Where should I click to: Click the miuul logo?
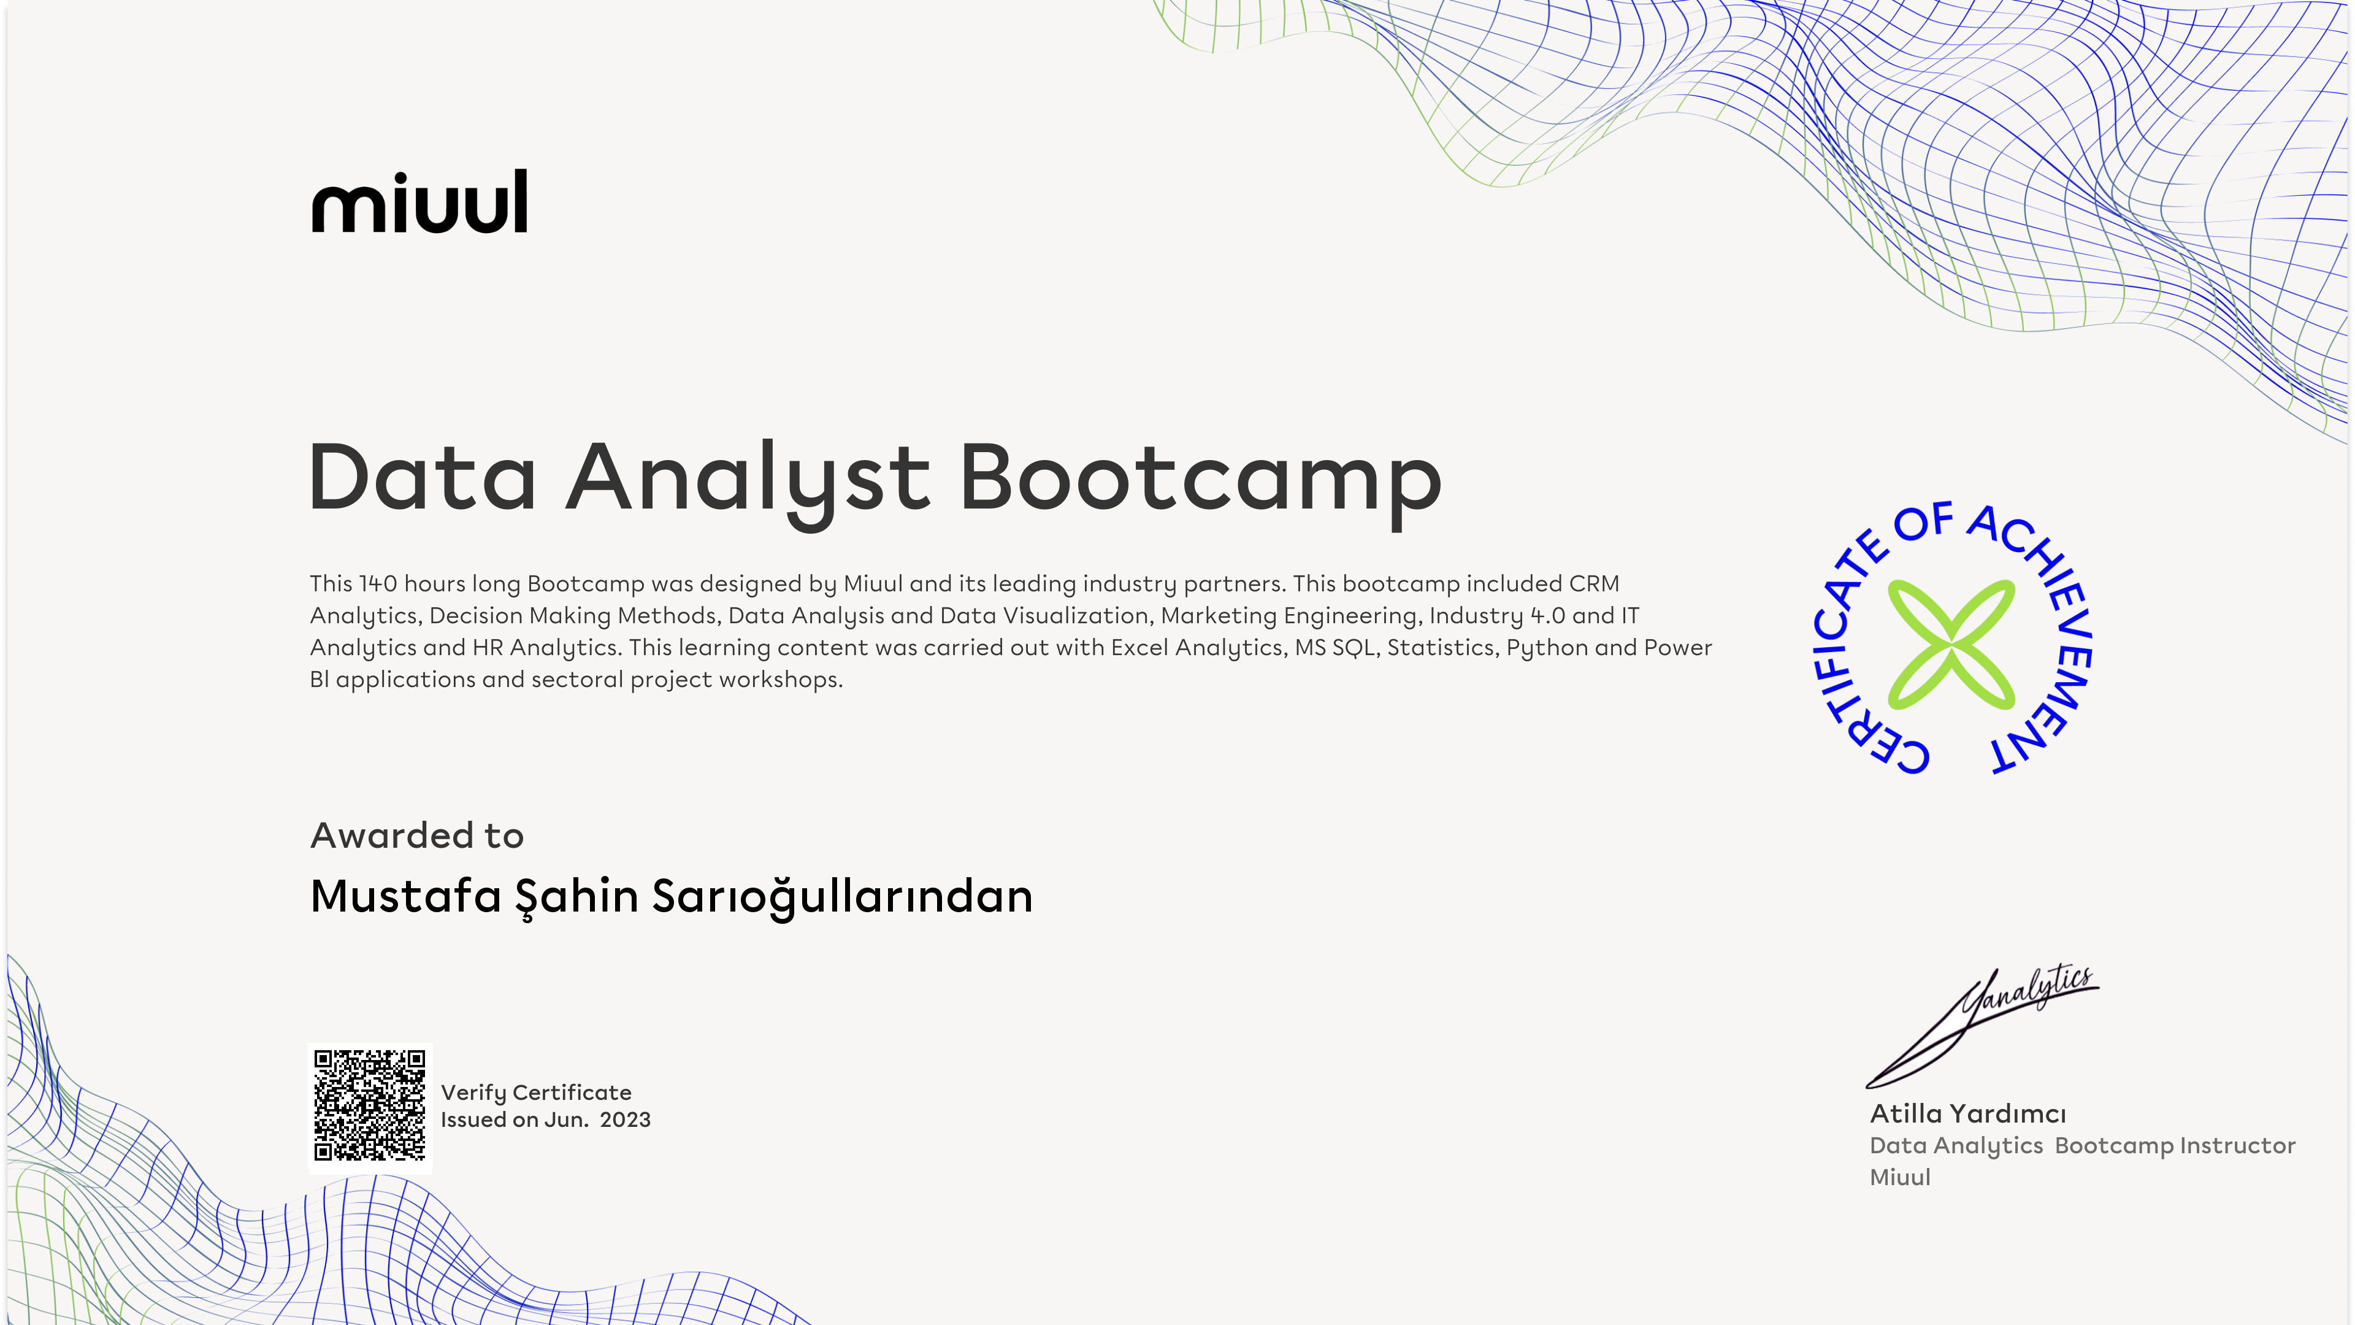(419, 201)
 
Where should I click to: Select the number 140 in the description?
(378, 583)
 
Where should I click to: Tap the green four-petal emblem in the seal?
(1951, 645)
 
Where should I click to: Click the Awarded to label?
(417, 835)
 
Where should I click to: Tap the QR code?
(369, 1107)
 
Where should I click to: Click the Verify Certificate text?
(536, 1093)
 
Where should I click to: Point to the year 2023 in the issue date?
(626, 1120)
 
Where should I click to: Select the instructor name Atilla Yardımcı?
(1967, 1114)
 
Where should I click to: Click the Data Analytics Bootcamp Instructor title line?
(2083, 1146)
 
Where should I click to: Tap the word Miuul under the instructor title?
(1900, 1177)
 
